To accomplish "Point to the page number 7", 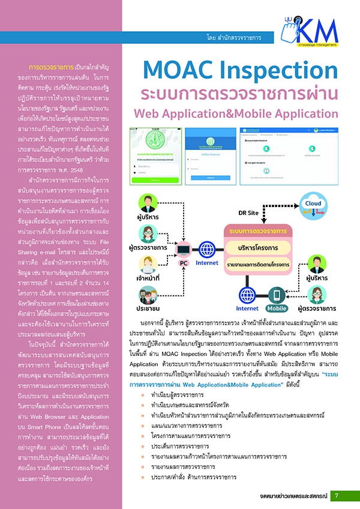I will pyautogui.click(x=337, y=496).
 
